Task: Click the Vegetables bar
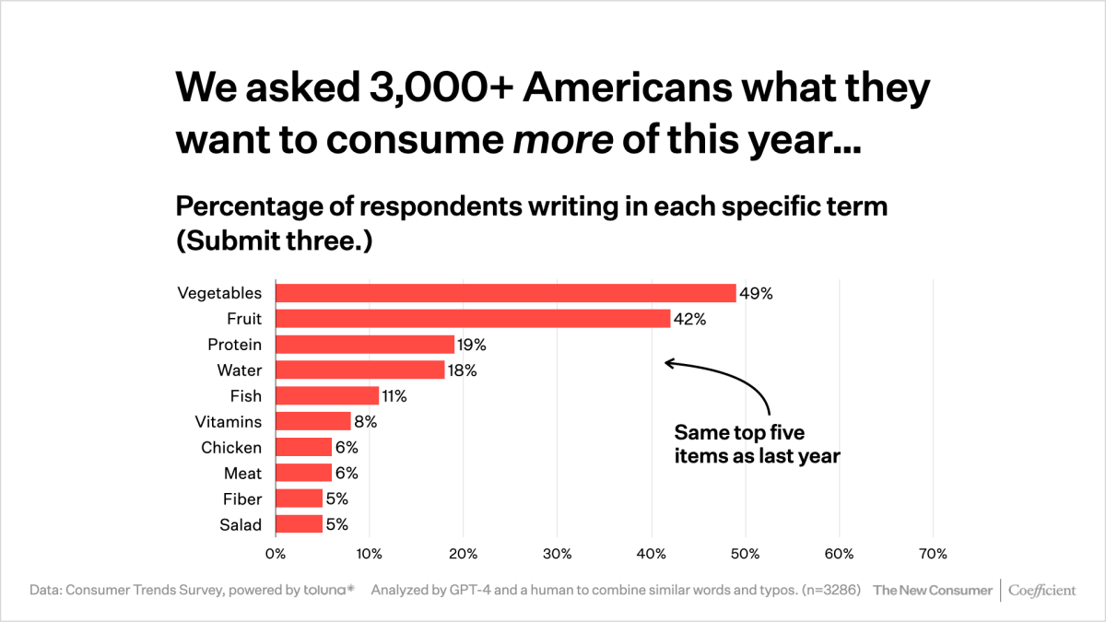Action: click(x=505, y=293)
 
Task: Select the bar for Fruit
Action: click(x=473, y=319)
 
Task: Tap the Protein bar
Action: click(x=365, y=345)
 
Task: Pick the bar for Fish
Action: click(x=327, y=396)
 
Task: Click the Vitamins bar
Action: click(x=313, y=422)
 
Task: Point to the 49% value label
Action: click(x=756, y=293)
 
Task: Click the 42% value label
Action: click(x=689, y=319)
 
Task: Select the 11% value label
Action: click(x=394, y=396)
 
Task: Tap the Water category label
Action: click(x=240, y=370)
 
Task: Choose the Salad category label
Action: click(x=241, y=525)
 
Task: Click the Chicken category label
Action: click(x=231, y=448)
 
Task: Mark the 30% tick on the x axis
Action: click(x=558, y=554)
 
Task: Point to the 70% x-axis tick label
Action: click(x=933, y=554)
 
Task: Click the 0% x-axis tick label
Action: click(x=276, y=554)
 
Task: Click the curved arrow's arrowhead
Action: click(x=668, y=363)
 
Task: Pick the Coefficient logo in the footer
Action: click(x=1041, y=590)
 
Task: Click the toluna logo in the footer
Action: click(x=328, y=590)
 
